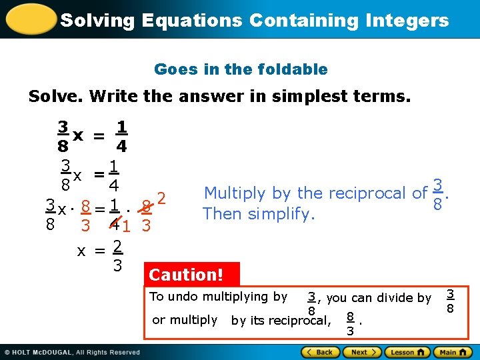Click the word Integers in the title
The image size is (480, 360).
pos(408,20)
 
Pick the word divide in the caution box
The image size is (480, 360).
pos(399,298)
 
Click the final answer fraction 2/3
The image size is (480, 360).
pos(117,256)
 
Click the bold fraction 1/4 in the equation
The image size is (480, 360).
pos(121,136)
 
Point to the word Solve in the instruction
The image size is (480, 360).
pos(55,97)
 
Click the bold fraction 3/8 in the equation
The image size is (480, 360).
pos(62,136)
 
